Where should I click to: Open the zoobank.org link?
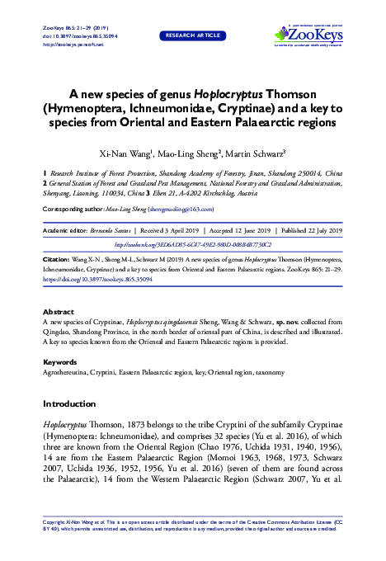(x=192, y=245)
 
